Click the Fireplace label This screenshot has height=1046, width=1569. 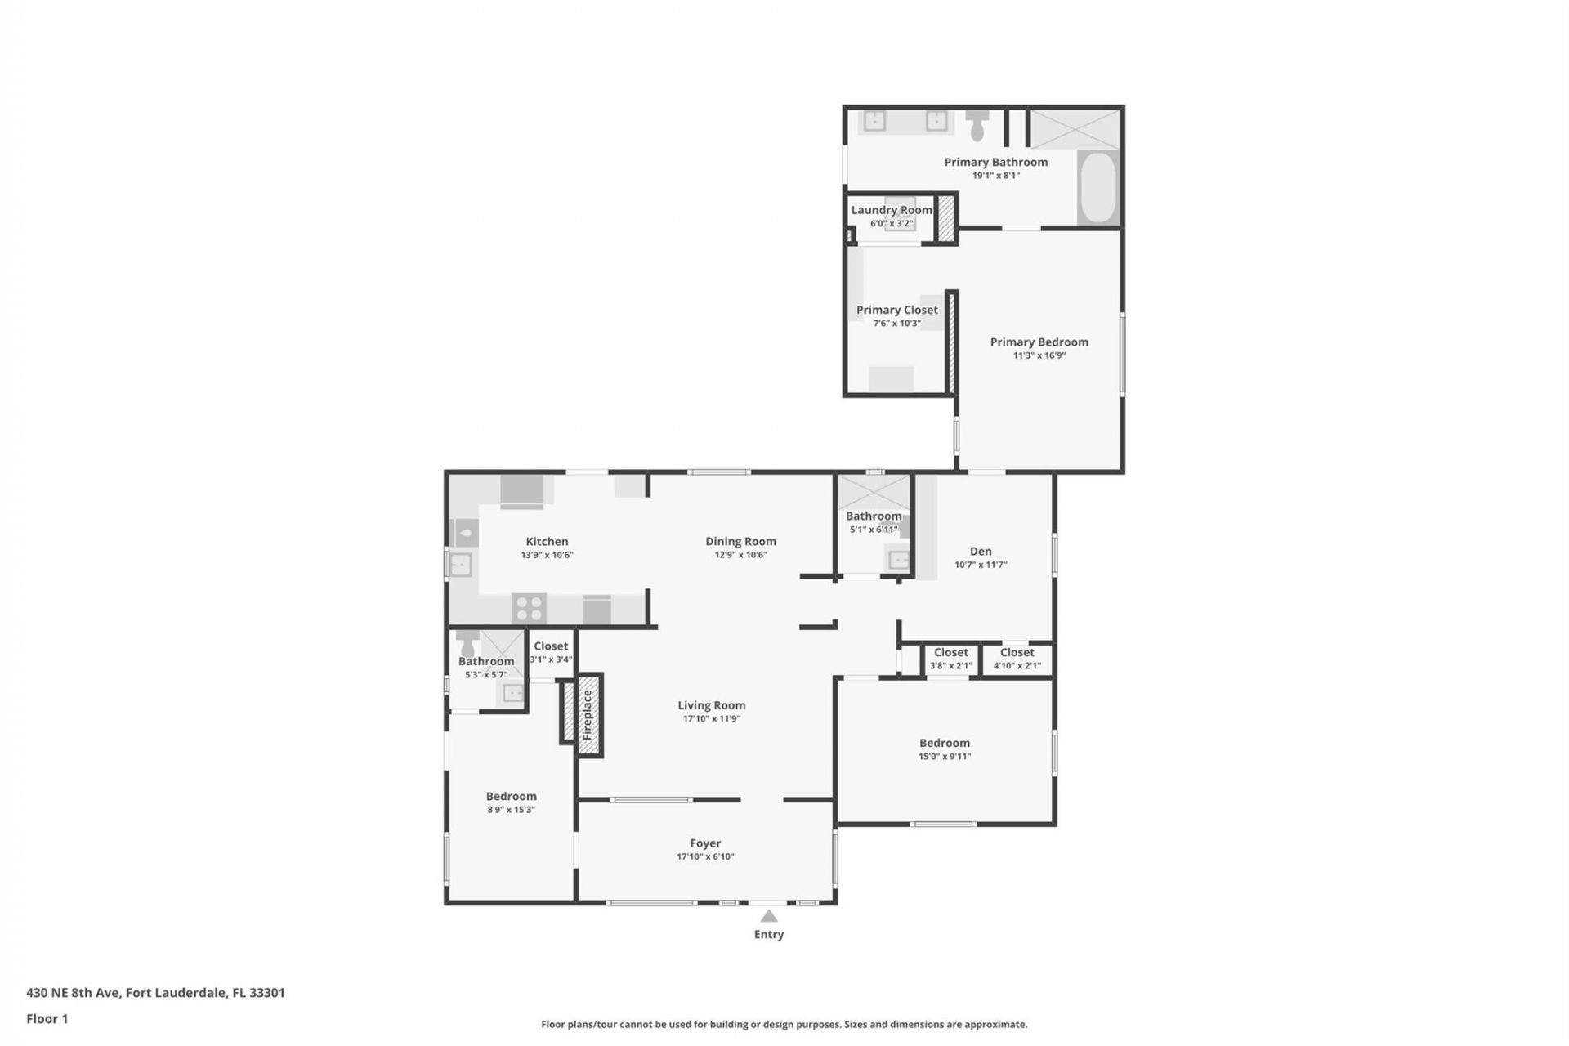[x=587, y=715]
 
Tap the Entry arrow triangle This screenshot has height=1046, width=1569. [x=769, y=916]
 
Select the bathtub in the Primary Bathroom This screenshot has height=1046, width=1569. [x=1097, y=187]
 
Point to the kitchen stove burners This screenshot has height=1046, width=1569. [x=529, y=609]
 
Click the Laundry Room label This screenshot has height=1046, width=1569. [x=891, y=210]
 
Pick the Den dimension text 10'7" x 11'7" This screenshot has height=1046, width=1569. [x=981, y=565]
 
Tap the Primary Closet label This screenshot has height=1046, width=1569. [x=896, y=310]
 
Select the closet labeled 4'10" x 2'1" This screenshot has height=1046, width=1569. [x=1017, y=659]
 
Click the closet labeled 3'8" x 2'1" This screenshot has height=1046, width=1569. [x=950, y=659]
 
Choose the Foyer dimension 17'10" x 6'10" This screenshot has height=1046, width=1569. [x=705, y=856]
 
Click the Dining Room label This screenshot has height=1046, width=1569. [x=740, y=541]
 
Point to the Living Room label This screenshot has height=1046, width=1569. [x=711, y=705]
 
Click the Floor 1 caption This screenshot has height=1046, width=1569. [x=47, y=1018]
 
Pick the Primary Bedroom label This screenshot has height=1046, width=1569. [x=1039, y=342]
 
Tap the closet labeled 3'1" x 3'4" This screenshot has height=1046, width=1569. [x=551, y=652]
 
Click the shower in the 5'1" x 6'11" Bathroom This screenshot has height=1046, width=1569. [x=874, y=492]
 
